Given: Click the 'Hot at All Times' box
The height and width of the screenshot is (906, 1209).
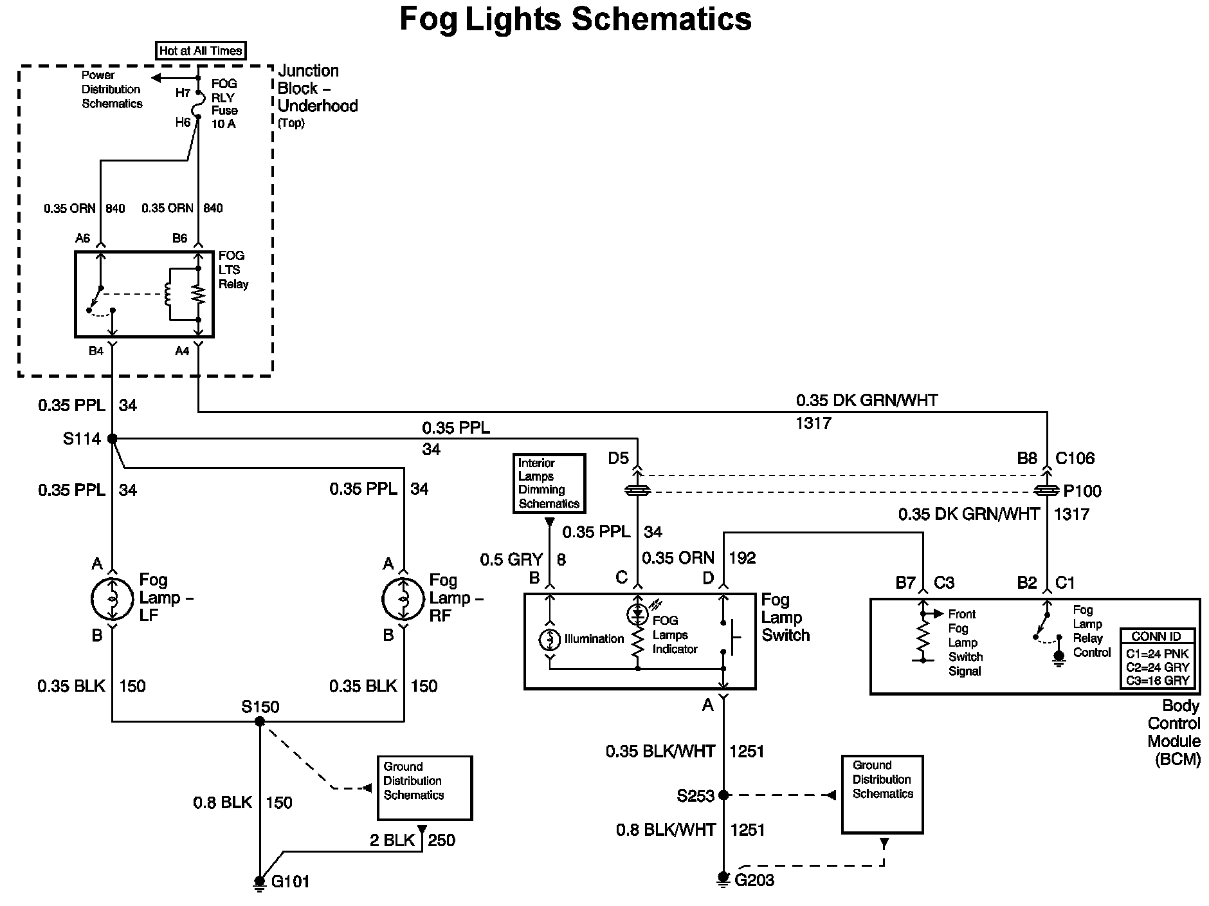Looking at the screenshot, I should pyautogui.click(x=201, y=51).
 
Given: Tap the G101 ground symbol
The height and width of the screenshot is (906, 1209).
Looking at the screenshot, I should pyautogui.click(x=260, y=882).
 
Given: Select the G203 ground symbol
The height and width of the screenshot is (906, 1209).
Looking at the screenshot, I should pyautogui.click(x=723, y=879).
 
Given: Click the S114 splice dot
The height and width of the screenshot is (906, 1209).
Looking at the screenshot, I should pyautogui.click(x=113, y=439).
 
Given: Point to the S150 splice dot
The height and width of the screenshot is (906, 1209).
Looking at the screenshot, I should pyautogui.click(x=260, y=722).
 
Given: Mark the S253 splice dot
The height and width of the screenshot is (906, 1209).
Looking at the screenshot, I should pyautogui.click(x=723, y=795).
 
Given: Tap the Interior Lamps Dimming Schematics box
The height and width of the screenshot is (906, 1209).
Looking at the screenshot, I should pyautogui.click(x=549, y=483).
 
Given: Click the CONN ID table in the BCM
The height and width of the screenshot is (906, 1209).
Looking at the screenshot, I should pyautogui.click(x=1158, y=658).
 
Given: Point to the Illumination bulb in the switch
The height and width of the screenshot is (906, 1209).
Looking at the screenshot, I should pyautogui.click(x=550, y=640).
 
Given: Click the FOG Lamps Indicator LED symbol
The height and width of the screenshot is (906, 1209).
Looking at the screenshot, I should pyautogui.click(x=637, y=613).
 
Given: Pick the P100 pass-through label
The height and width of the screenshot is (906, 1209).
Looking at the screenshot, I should pyautogui.click(x=1082, y=492).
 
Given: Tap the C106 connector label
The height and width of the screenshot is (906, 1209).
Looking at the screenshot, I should pyautogui.click(x=1075, y=459).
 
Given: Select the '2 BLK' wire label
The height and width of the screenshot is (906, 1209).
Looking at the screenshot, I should pyautogui.click(x=392, y=840).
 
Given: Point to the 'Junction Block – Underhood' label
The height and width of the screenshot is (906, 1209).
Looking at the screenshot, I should pyautogui.click(x=317, y=89).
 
